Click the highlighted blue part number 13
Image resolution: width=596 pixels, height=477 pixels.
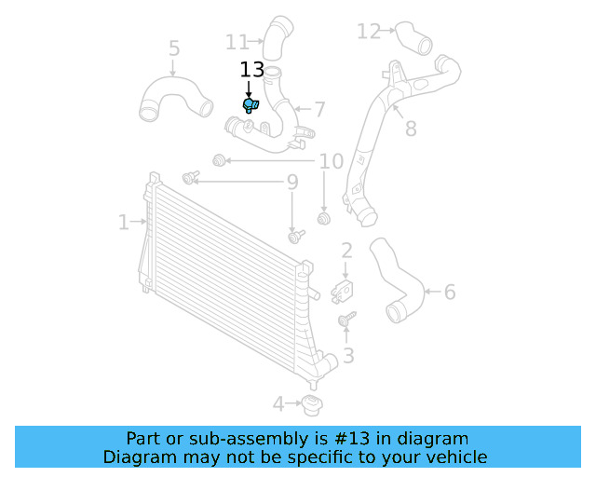tap(251, 105)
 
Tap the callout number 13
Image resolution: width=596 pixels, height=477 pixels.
tap(252, 70)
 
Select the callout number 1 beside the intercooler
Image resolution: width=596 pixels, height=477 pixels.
tap(123, 222)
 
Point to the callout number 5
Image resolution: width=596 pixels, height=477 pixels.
tap(174, 48)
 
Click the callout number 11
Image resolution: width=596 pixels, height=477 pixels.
tap(237, 42)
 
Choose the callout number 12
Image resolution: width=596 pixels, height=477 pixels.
tap(369, 32)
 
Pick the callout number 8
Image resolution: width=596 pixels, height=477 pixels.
tap(411, 129)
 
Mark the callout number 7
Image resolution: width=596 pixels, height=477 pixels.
tap(318, 110)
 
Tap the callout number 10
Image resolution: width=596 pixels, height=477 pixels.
tap(332, 162)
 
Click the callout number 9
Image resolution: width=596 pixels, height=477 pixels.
tap(291, 183)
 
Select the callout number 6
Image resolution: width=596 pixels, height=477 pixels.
tap(450, 293)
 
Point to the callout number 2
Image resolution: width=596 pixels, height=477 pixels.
tap(346, 250)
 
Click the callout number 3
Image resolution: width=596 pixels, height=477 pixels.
tap(348, 355)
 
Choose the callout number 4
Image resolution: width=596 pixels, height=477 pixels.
tap(278, 404)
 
